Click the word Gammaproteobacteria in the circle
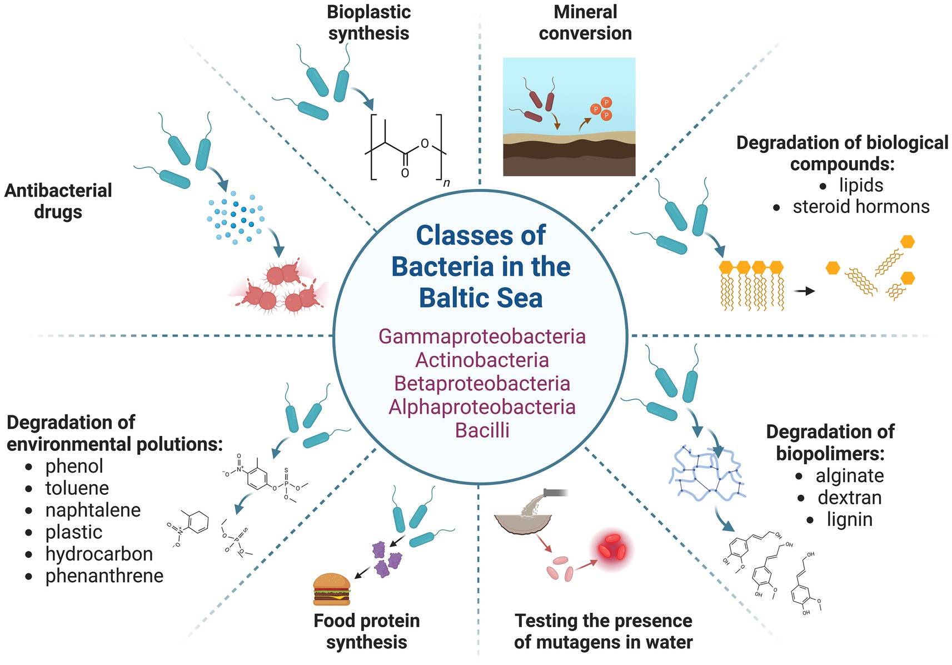point(482,337)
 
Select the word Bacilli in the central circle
point(482,430)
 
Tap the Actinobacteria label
point(482,360)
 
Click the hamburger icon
point(332,589)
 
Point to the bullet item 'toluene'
point(77,488)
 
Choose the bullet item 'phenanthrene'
point(104,576)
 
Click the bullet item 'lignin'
point(849,519)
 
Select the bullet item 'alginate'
point(849,476)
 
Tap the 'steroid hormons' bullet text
point(860,207)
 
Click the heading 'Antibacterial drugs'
point(58,201)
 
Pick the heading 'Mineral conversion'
point(585,23)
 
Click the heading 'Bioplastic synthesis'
point(368,23)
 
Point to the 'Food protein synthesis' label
point(367,631)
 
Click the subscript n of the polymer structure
point(446,183)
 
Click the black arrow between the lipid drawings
point(804,291)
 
